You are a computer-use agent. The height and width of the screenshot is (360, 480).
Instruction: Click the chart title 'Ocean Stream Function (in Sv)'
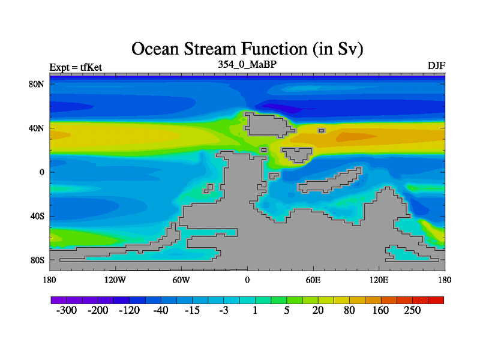pyautogui.click(x=247, y=49)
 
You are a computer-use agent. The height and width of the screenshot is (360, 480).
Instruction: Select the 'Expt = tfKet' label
pyautogui.click(x=76, y=67)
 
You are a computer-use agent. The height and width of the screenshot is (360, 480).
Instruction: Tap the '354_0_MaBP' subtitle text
pyautogui.click(x=247, y=65)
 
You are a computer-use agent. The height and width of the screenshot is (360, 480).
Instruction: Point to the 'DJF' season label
pyautogui.click(x=436, y=66)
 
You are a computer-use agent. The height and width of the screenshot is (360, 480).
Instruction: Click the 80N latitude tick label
pyautogui.click(x=37, y=84)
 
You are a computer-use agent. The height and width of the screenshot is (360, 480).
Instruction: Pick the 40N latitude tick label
pyautogui.click(x=37, y=128)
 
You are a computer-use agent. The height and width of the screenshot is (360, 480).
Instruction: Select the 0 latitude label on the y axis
pyautogui.click(x=41, y=172)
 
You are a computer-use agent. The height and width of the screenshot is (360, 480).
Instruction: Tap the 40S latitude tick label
pyautogui.click(x=37, y=216)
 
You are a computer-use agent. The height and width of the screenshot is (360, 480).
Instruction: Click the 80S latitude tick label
pyautogui.click(x=37, y=260)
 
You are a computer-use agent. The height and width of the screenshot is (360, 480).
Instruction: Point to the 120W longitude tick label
pyautogui.click(x=115, y=280)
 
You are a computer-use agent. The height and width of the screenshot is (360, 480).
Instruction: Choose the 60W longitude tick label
pyautogui.click(x=181, y=280)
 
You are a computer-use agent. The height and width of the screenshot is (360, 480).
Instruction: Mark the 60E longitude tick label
pyautogui.click(x=313, y=280)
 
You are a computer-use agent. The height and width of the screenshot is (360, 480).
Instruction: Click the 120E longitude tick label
pyautogui.click(x=379, y=280)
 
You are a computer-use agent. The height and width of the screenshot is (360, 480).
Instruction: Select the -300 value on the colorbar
pyautogui.click(x=67, y=310)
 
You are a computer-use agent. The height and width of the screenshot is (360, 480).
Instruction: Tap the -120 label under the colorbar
pyautogui.click(x=129, y=310)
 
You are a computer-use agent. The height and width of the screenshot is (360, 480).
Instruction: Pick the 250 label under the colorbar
pyautogui.click(x=412, y=310)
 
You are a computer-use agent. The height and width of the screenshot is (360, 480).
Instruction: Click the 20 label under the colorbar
pyautogui.click(x=318, y=310)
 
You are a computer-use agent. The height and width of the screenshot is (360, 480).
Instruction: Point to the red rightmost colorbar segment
pyautogui.click(x=436, y=300)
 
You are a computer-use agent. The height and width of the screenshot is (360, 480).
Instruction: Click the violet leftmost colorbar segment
pyautogui.click(x=59, y=300)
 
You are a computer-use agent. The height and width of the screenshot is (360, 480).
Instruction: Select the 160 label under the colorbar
pyautogui.click(x=380, y=310)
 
